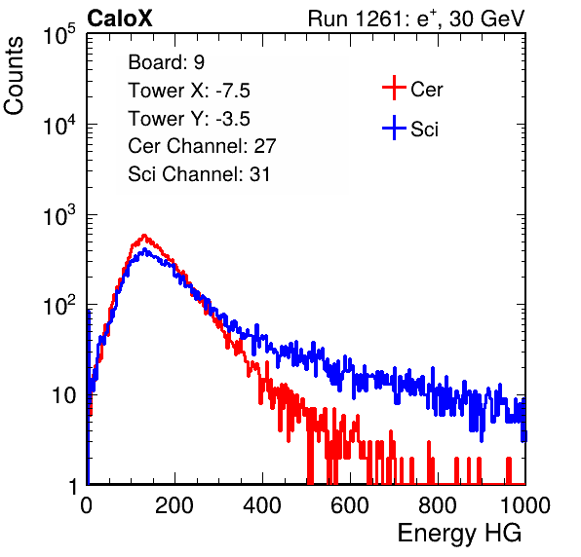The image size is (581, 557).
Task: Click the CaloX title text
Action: click(120, 19)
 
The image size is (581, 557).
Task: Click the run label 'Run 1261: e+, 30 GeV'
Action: click(416, 19)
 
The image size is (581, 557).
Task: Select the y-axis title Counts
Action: click(14, 76)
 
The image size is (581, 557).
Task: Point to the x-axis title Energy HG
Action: click(459, 534)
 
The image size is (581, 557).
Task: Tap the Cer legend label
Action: click(426, 90)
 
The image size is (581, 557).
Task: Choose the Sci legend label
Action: click(424, 130)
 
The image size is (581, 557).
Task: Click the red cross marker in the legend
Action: click(394, 88)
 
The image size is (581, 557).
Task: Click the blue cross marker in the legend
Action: click(394, 129)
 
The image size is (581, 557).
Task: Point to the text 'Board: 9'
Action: click(166, 62)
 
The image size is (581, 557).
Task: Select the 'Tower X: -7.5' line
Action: click(189, 91)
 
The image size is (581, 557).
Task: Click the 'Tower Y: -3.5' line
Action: click(189, 119)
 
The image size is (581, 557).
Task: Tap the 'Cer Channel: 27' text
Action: click(202, 146)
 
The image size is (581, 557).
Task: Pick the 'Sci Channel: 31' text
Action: click(199, 174)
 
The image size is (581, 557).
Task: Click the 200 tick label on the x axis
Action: click(174, 505)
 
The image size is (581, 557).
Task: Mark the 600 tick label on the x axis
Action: click(350, 505)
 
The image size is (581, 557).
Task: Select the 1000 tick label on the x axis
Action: click(525, 505)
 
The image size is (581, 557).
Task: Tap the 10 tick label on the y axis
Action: click(64, 395)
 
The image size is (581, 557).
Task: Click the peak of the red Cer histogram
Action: click(144, 236)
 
